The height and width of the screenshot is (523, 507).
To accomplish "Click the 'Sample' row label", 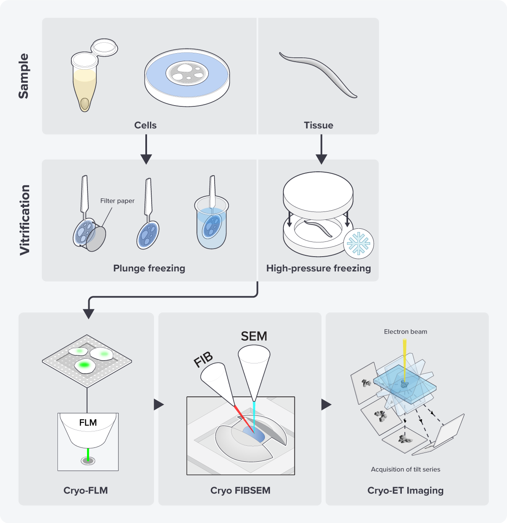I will click(24, 76).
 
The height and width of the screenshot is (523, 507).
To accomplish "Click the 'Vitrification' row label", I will click(25, 219).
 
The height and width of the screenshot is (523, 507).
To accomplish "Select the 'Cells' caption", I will click(145, 125).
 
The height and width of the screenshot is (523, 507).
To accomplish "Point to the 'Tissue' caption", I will click(319, 125).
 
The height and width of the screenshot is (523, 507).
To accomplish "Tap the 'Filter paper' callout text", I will click(117, 201).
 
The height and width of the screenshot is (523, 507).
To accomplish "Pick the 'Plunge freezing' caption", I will click(149, 268).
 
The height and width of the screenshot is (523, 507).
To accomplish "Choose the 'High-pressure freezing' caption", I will click(319, 268).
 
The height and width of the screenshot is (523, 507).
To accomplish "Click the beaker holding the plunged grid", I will click(212, 228).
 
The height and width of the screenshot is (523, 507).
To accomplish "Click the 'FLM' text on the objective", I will click(88, 423).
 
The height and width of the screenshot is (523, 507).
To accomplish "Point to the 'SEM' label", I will click(254, 336).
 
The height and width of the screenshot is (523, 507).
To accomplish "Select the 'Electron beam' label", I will click(405, 332).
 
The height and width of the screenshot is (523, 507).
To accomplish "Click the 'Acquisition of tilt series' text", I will click(405, 469).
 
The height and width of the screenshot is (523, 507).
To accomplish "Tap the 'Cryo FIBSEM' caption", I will click(240, 490).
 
